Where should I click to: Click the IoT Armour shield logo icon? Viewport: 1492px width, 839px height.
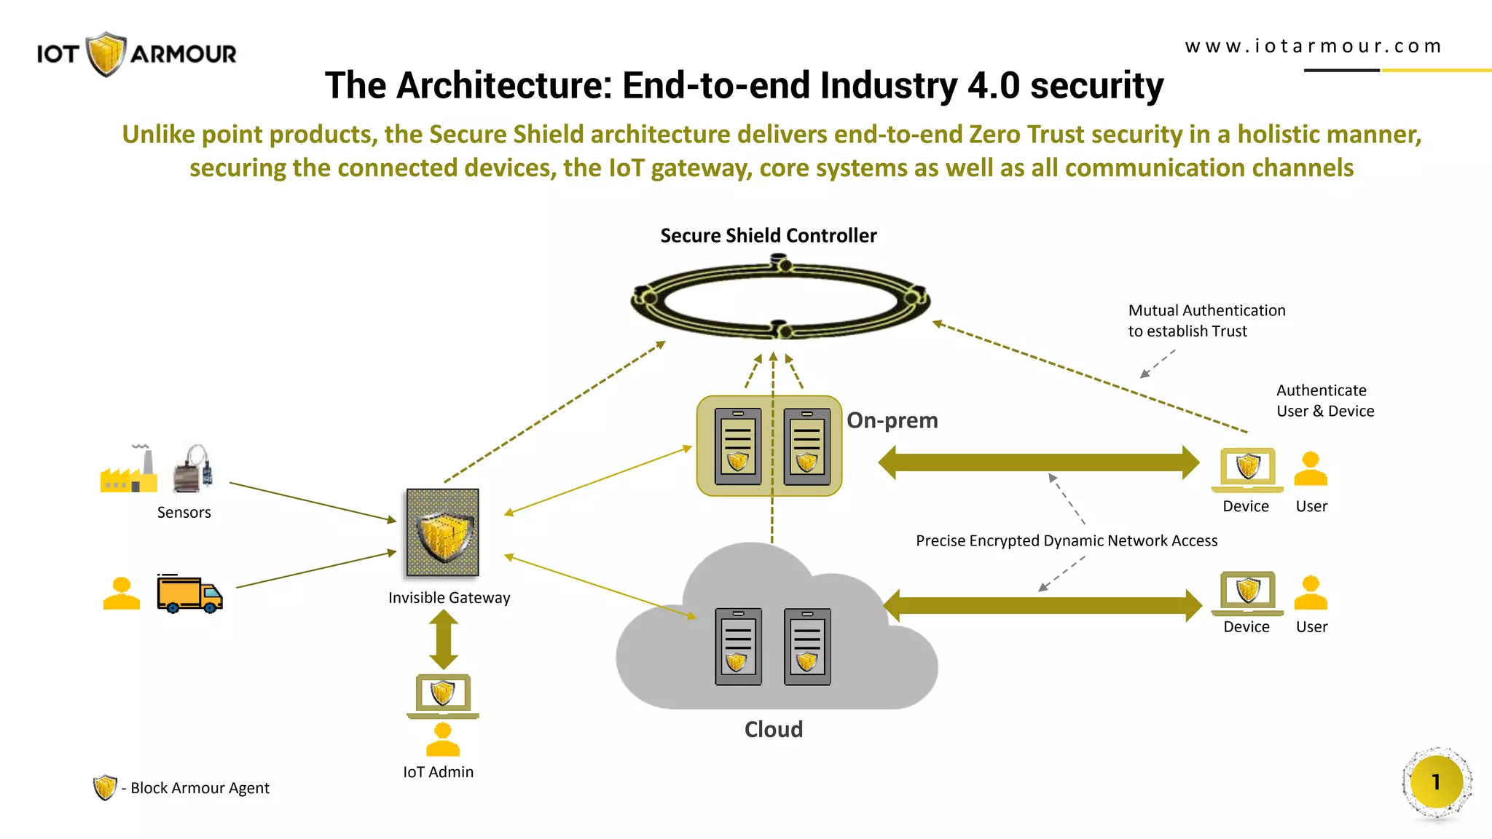106,53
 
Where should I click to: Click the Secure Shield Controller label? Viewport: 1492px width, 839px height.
768,235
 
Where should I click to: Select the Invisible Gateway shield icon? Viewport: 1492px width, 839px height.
443,532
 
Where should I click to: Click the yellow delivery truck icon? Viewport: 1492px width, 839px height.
189,594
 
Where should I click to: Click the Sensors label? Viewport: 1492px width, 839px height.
184,512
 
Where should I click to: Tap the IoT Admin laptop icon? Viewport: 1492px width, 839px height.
443,695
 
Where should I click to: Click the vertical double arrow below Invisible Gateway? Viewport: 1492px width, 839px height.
443,639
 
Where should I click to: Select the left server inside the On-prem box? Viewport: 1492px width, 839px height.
738,446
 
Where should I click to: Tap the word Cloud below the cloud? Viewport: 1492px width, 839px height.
773,729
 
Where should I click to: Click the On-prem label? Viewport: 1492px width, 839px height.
892,420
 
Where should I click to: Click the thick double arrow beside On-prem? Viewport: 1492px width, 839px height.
1038,462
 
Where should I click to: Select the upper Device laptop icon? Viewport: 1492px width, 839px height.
1247,469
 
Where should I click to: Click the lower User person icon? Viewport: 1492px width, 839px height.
1310,592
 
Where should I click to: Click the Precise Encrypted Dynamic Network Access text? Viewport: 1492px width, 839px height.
1066,540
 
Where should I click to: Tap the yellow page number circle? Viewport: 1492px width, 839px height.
1436,782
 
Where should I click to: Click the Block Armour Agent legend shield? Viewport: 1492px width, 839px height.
105,787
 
